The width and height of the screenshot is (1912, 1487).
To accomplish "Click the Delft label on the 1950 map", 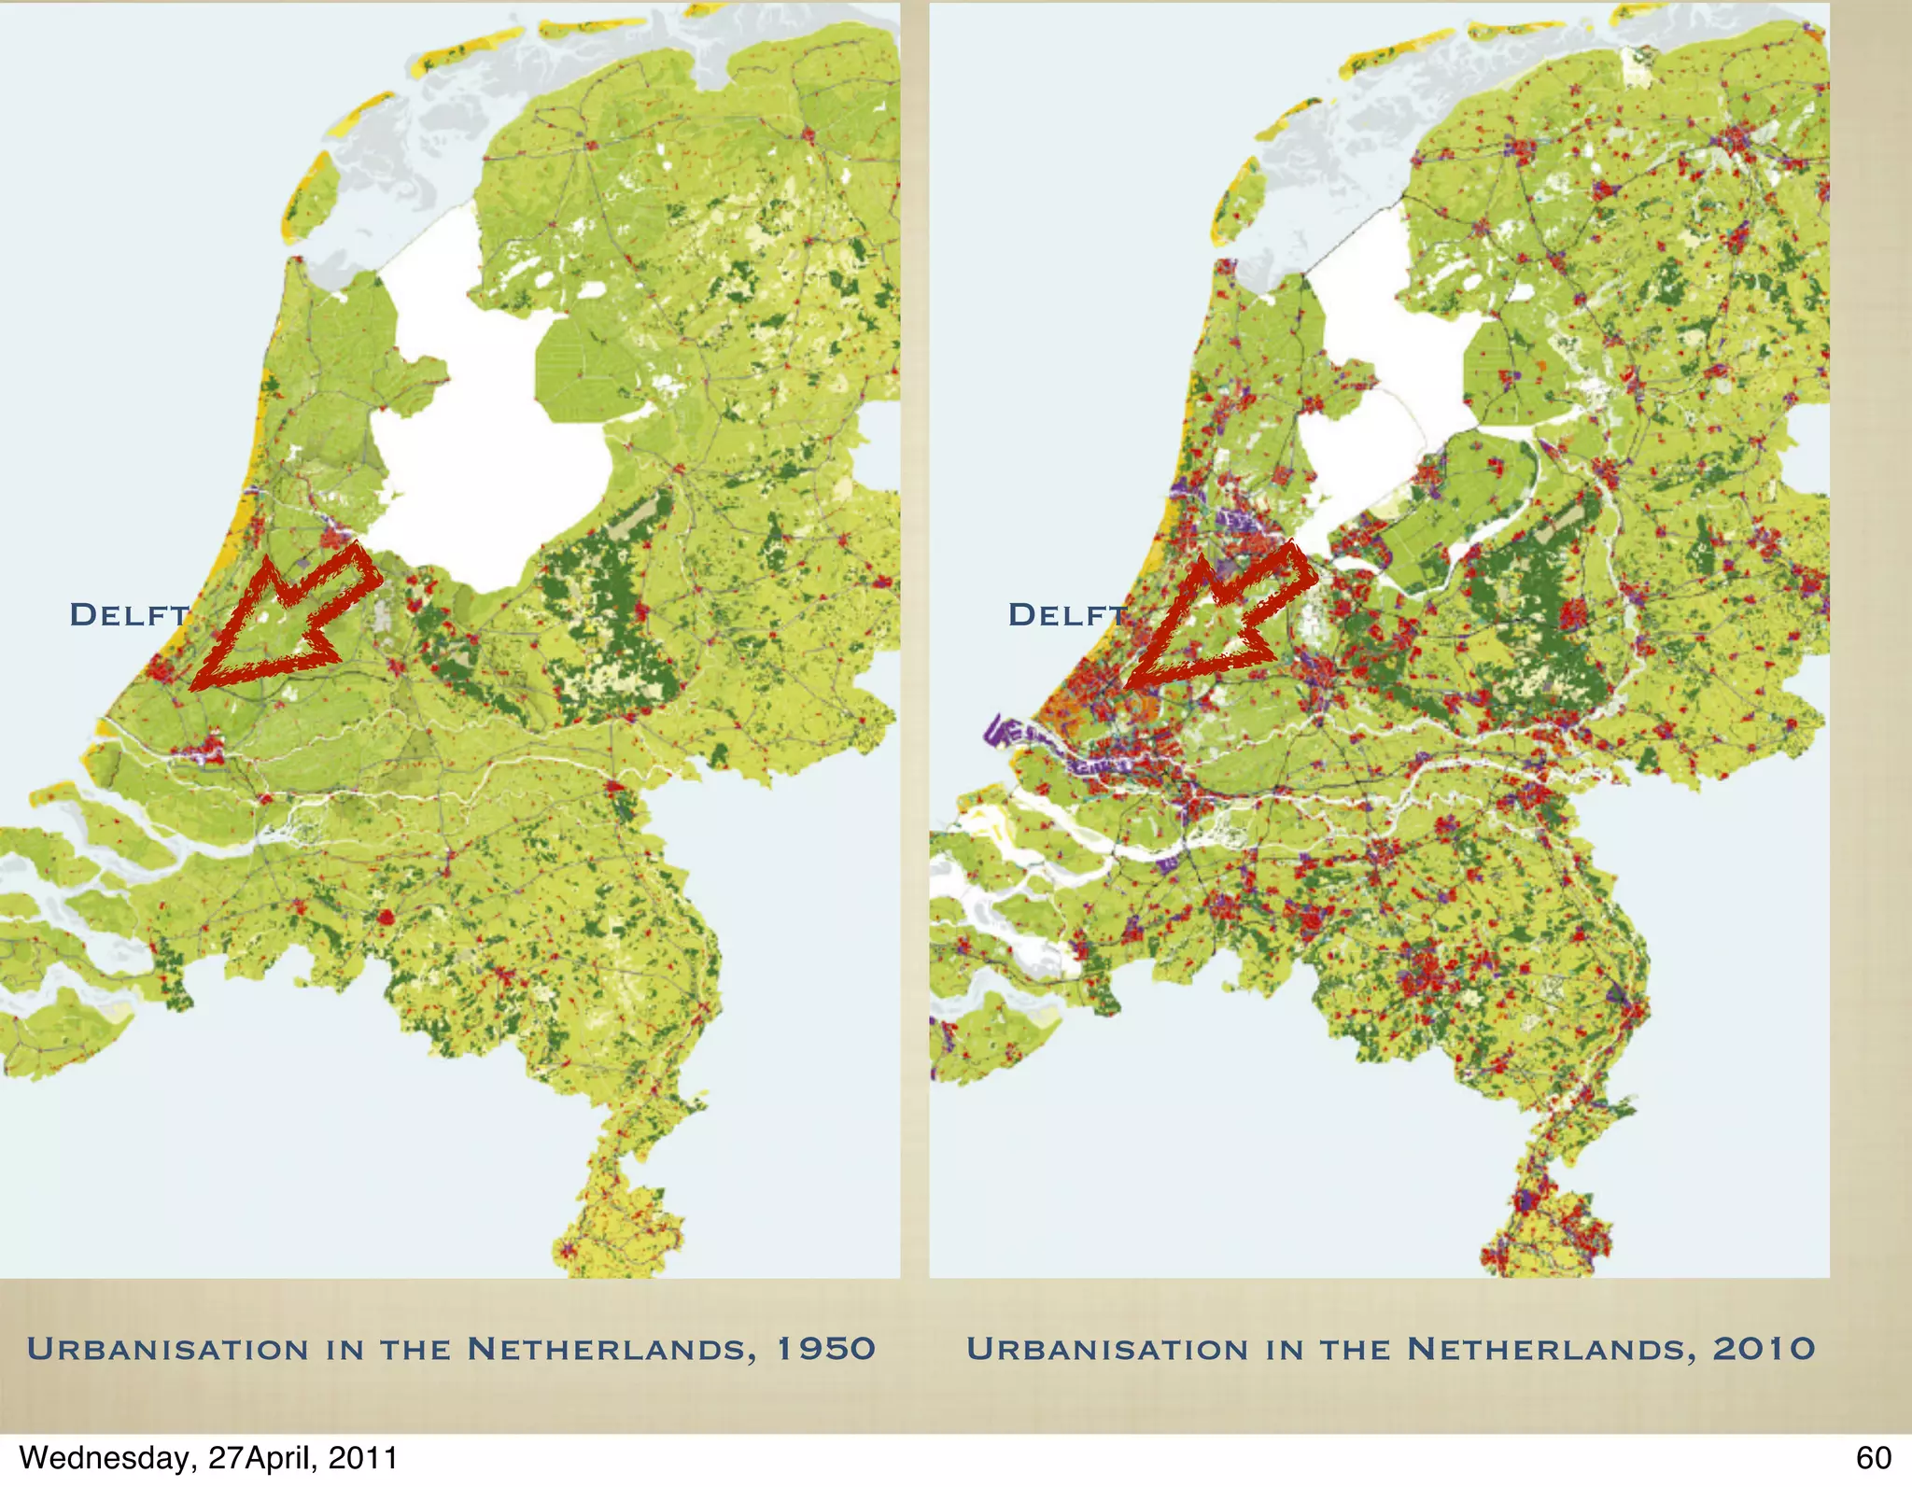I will click(129, 615).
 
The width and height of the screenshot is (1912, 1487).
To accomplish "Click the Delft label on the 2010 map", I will click(1067, 615).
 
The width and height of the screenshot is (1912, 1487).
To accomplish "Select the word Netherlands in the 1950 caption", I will click(612, 1349).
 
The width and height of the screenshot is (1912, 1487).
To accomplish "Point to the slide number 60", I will click(1873, 1458).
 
